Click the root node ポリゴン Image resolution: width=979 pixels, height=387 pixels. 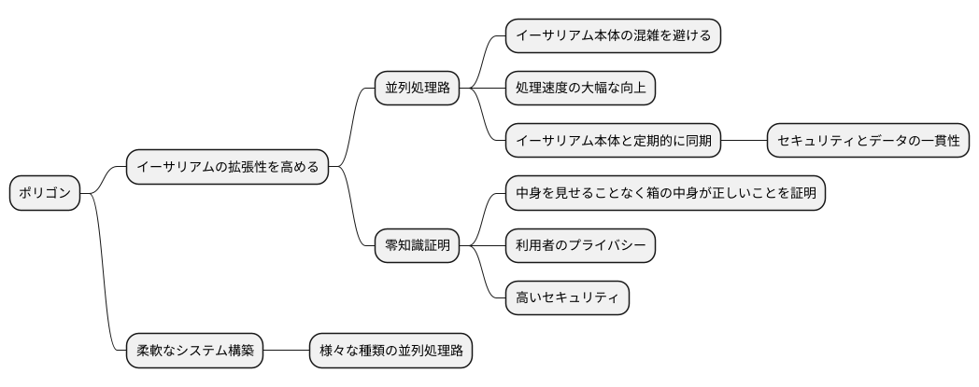[x=45, y=194]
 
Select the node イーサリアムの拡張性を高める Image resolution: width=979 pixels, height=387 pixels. [x=227, y=168]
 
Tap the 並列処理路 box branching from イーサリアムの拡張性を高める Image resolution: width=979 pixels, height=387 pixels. [x=417, y=89]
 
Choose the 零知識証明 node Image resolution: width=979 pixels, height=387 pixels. [x=417, y=246]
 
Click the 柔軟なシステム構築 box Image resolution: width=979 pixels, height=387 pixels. [x=195, y=352]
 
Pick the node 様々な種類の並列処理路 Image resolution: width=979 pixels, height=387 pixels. [x=390, y=352]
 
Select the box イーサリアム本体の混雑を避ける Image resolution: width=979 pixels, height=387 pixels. [x=613, y=36]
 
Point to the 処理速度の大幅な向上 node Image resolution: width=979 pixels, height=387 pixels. [x=580, y=89]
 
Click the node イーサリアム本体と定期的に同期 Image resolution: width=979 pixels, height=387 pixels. [x=614, y=142]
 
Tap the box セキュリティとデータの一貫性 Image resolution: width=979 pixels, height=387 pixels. [x=868, y=142]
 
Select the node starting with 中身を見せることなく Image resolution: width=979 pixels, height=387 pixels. [x=665, y=194]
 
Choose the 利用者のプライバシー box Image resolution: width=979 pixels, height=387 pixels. [x=580, y=246]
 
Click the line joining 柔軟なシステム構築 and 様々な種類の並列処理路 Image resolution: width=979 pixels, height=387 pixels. [x=286, y=352]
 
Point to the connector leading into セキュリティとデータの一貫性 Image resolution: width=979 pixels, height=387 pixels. [x=745, y=142]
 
